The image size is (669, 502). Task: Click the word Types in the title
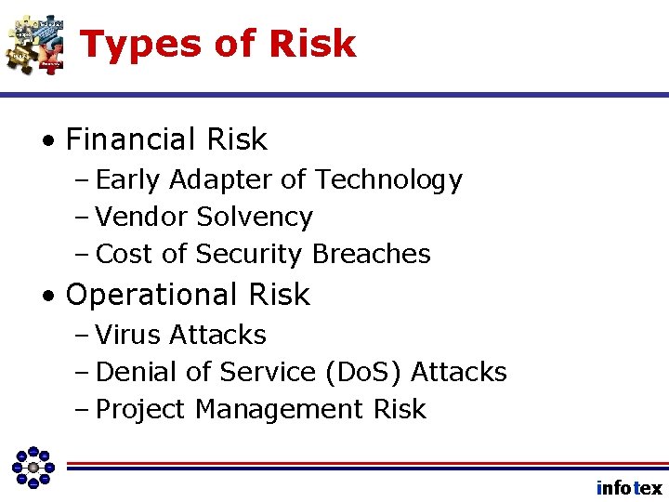pos(139,45)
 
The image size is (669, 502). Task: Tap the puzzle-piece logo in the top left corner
pos(35,44)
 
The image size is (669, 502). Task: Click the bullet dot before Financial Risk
pos(47,141)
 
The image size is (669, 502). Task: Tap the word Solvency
pos(255,218)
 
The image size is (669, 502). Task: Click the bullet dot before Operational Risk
pos(47,296)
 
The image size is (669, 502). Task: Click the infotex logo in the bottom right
pos(629,487)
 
